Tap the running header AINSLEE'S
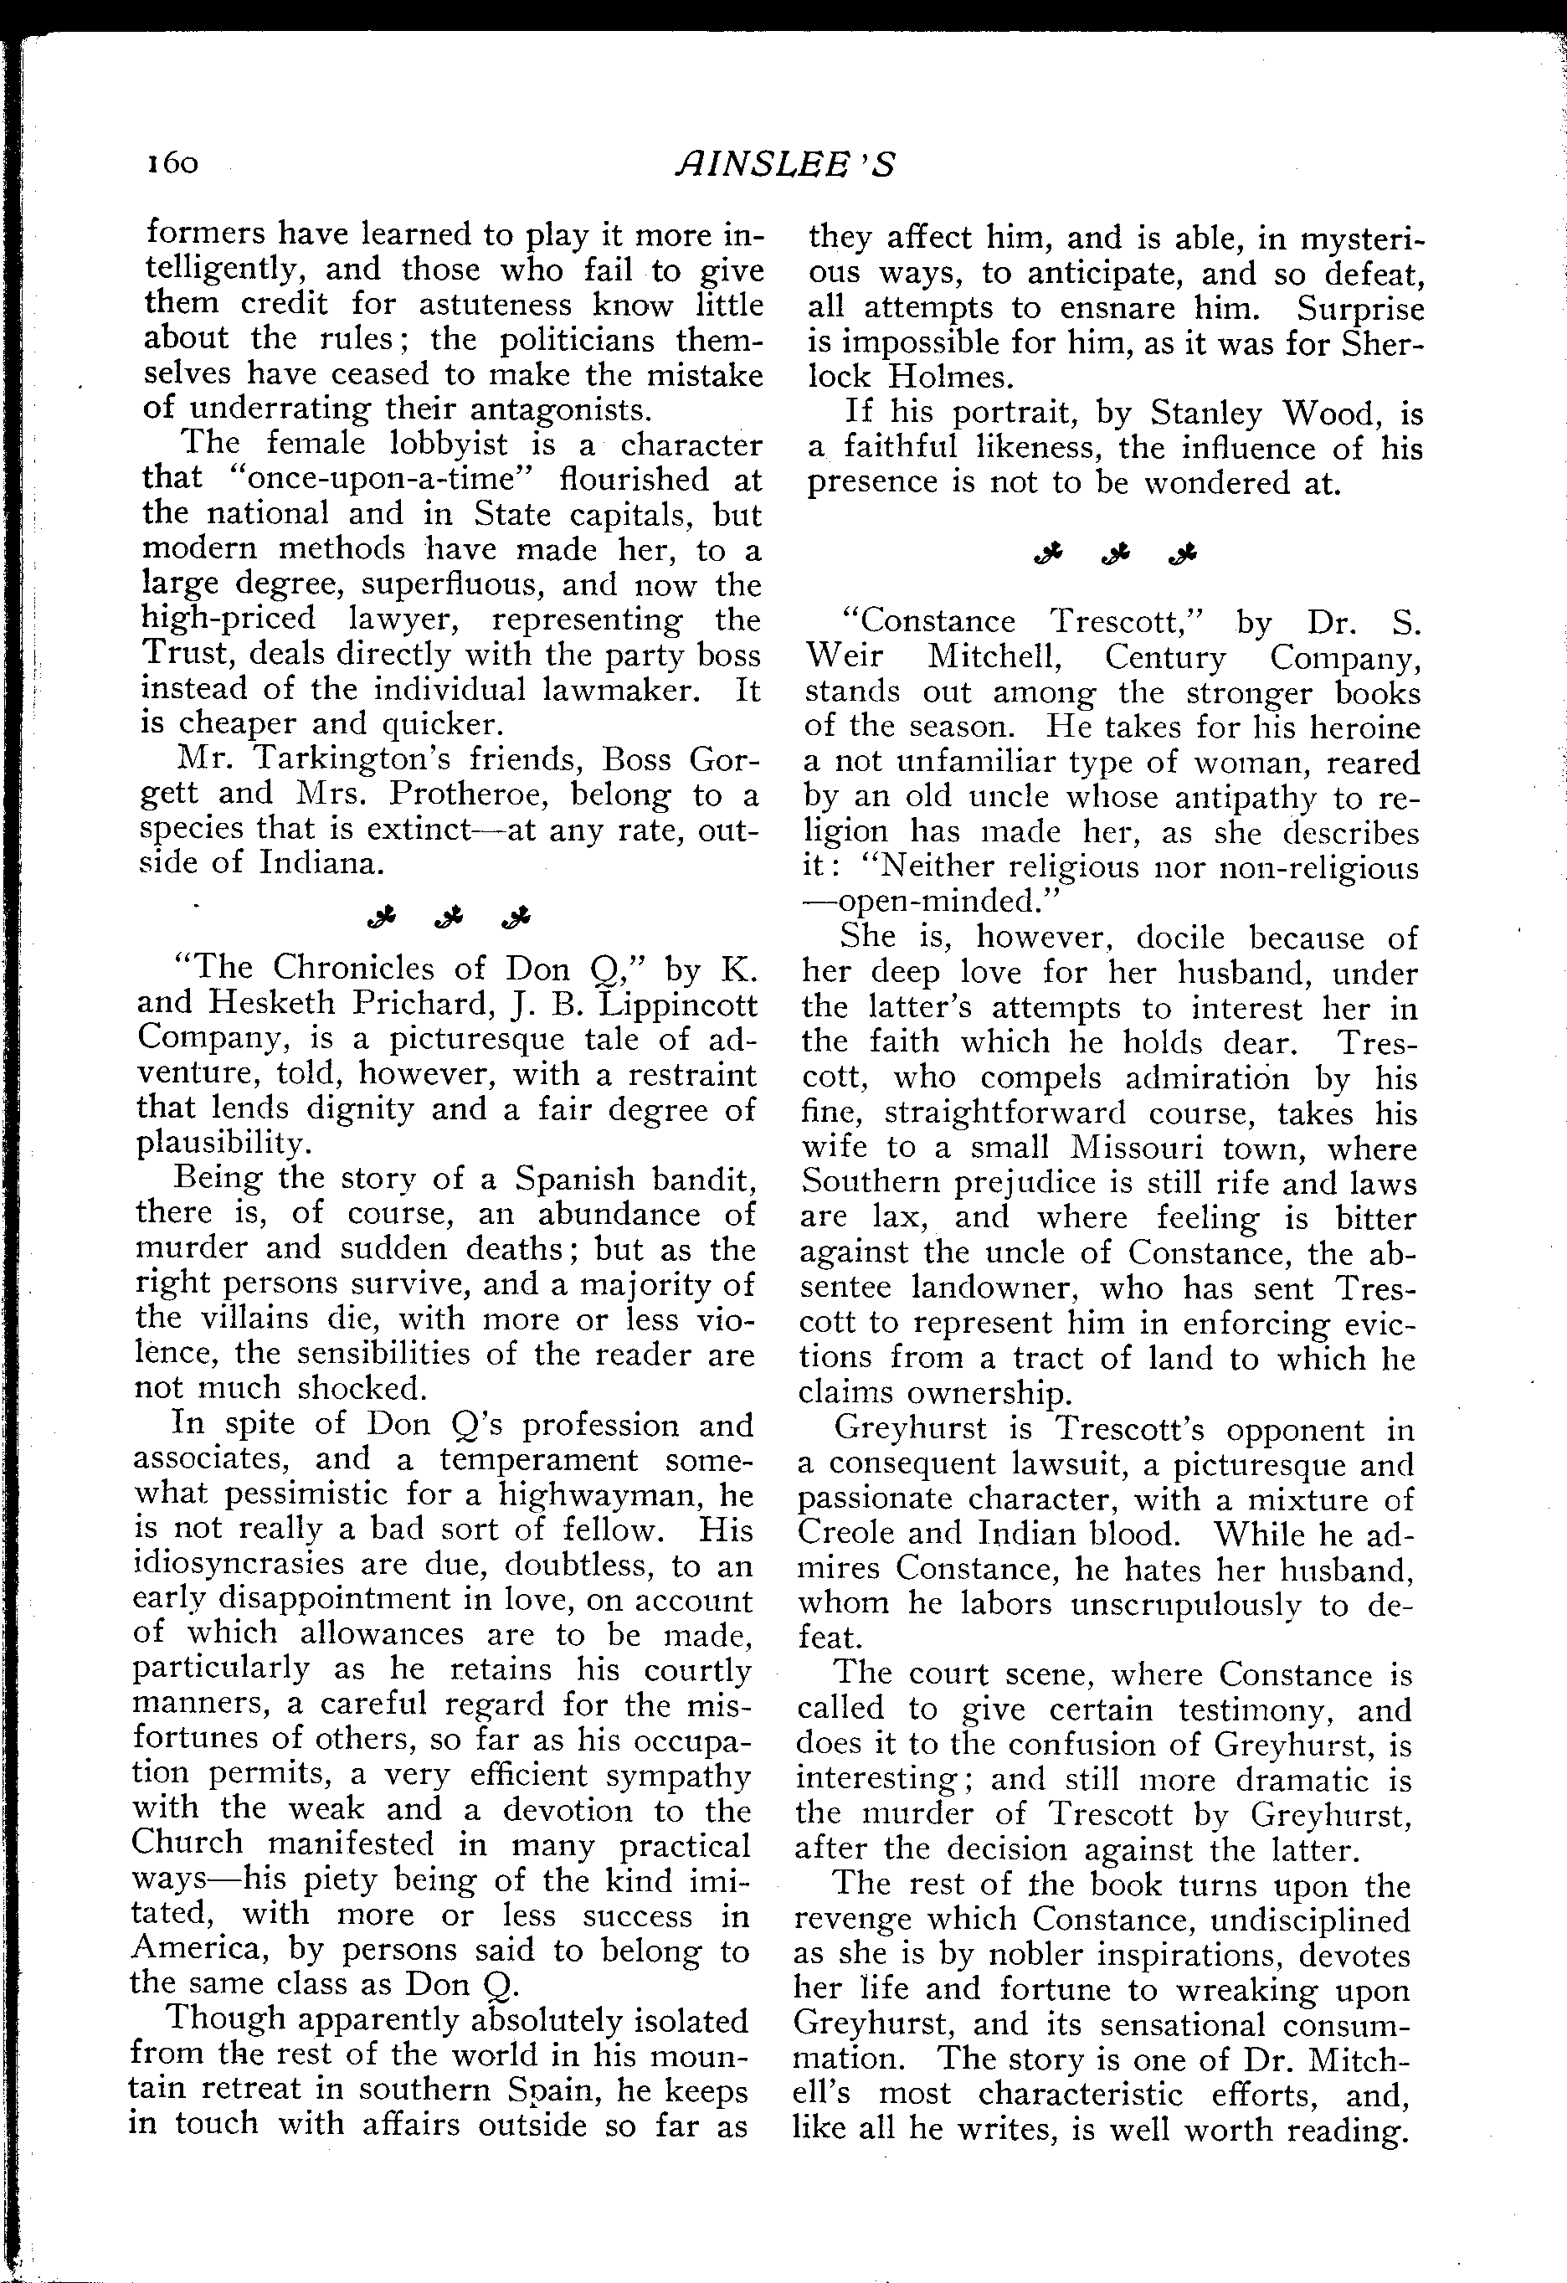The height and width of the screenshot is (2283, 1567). click(x=785, y=165)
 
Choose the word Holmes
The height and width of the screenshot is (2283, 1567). click(x=943, y=378)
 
